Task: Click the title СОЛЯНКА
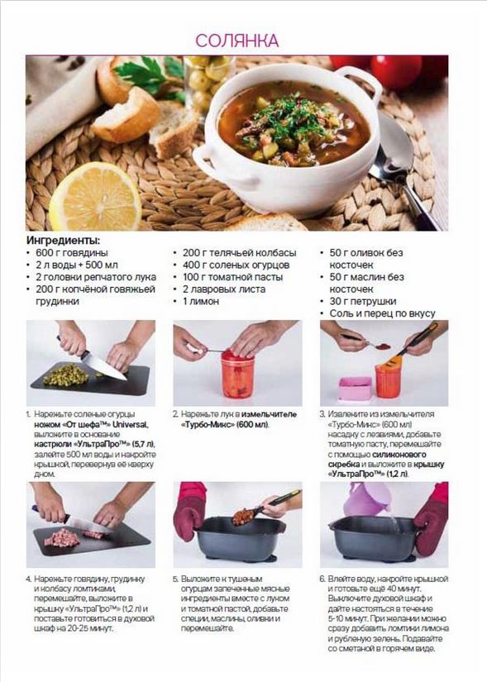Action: tap(236, 41)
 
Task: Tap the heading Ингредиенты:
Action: tap(63, 240)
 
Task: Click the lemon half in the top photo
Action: tap(96, 197)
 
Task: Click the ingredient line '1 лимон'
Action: tap(201, 301)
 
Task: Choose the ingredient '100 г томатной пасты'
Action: tap(233, 277)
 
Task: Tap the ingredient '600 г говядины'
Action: tap(72, 253)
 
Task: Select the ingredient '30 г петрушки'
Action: tap(363, 301)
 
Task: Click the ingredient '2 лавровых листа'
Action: tap(224, 289)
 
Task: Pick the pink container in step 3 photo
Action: tap(356, 389)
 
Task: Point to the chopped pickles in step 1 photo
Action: tap(66, 374)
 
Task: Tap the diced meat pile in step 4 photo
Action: tap(62, 537)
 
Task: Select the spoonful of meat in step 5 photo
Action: tap(243, 517)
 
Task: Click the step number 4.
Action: tap(29, 579)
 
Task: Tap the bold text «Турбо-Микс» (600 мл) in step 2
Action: tap(225, 425)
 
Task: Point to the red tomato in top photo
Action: tap(397, 69)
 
